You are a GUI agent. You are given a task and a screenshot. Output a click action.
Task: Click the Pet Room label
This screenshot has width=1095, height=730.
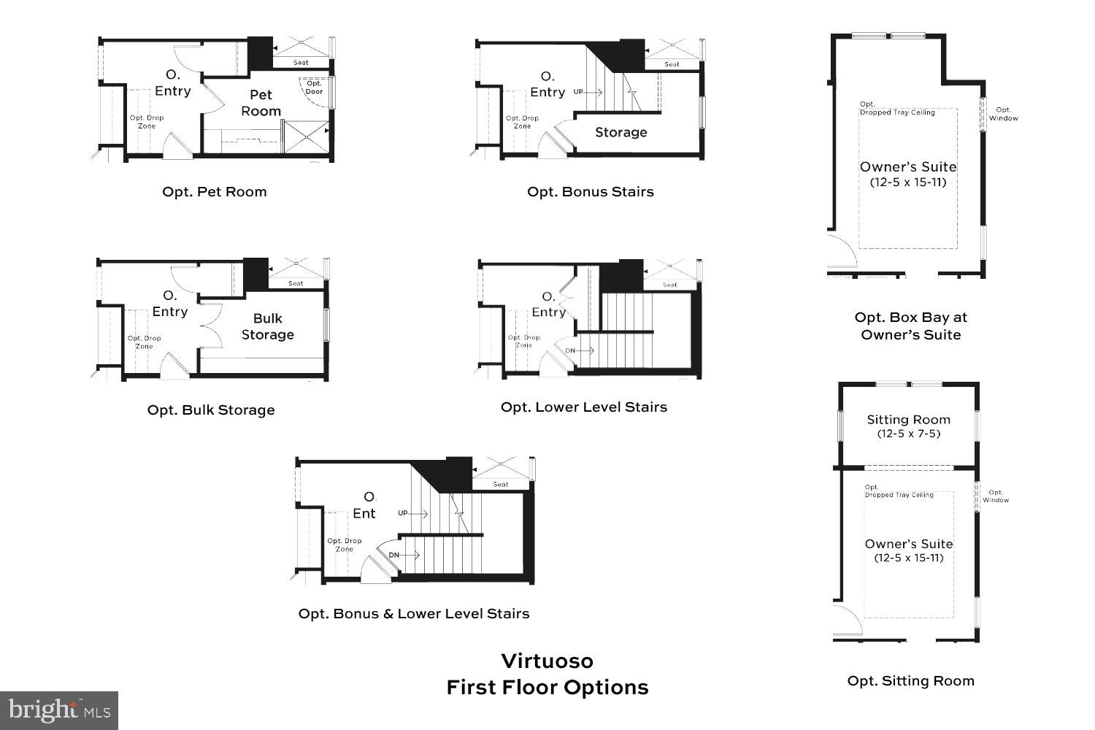tap(261, 103)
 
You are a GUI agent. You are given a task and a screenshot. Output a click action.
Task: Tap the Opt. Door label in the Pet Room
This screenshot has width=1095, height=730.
tap(314, 88)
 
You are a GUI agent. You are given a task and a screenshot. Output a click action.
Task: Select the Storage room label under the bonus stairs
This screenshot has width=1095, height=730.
tap(620, 132)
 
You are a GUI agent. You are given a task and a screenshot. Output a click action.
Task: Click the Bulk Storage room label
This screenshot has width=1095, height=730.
tap(267, 326)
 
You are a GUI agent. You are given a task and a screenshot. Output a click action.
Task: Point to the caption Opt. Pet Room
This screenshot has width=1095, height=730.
tap(214, 192)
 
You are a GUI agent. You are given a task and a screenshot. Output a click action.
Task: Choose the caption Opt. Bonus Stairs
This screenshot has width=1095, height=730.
tap(590, 192)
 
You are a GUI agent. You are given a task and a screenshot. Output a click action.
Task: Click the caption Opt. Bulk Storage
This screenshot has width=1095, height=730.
tap(211, 410)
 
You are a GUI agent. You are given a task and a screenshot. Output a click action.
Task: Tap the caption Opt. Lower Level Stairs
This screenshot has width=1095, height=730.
tap(583, 407)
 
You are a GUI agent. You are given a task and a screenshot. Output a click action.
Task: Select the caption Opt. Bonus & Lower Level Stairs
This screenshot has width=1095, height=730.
tap(413, 614)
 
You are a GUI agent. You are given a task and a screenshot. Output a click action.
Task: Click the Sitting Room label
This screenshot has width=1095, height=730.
tap(908, 420)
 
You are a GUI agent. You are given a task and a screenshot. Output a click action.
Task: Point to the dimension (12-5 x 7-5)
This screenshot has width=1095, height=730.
tap(908, 434)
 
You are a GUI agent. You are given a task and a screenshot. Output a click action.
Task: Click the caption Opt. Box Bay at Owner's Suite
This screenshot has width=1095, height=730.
tap(910, 326)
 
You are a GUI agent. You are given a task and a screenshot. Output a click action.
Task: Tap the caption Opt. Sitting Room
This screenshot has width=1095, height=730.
tap(910, 681)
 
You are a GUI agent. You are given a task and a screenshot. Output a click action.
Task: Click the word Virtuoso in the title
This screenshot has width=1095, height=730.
tap(547, 661)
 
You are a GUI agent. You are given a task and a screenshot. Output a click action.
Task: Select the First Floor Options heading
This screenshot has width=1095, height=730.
tap(547, 688)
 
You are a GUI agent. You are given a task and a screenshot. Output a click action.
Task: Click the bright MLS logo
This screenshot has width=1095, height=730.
tap(59, 710)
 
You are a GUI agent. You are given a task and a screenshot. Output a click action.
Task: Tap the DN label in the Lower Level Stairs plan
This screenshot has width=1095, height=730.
tap(570, 350)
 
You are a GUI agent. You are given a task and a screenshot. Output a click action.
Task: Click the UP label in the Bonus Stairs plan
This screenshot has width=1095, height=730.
tap(578, 92)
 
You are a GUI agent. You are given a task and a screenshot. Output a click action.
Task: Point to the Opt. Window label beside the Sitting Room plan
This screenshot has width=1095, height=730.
tap(995, 496)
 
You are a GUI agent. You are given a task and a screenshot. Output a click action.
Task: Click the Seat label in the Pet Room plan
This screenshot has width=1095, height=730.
tap(301, 63)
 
